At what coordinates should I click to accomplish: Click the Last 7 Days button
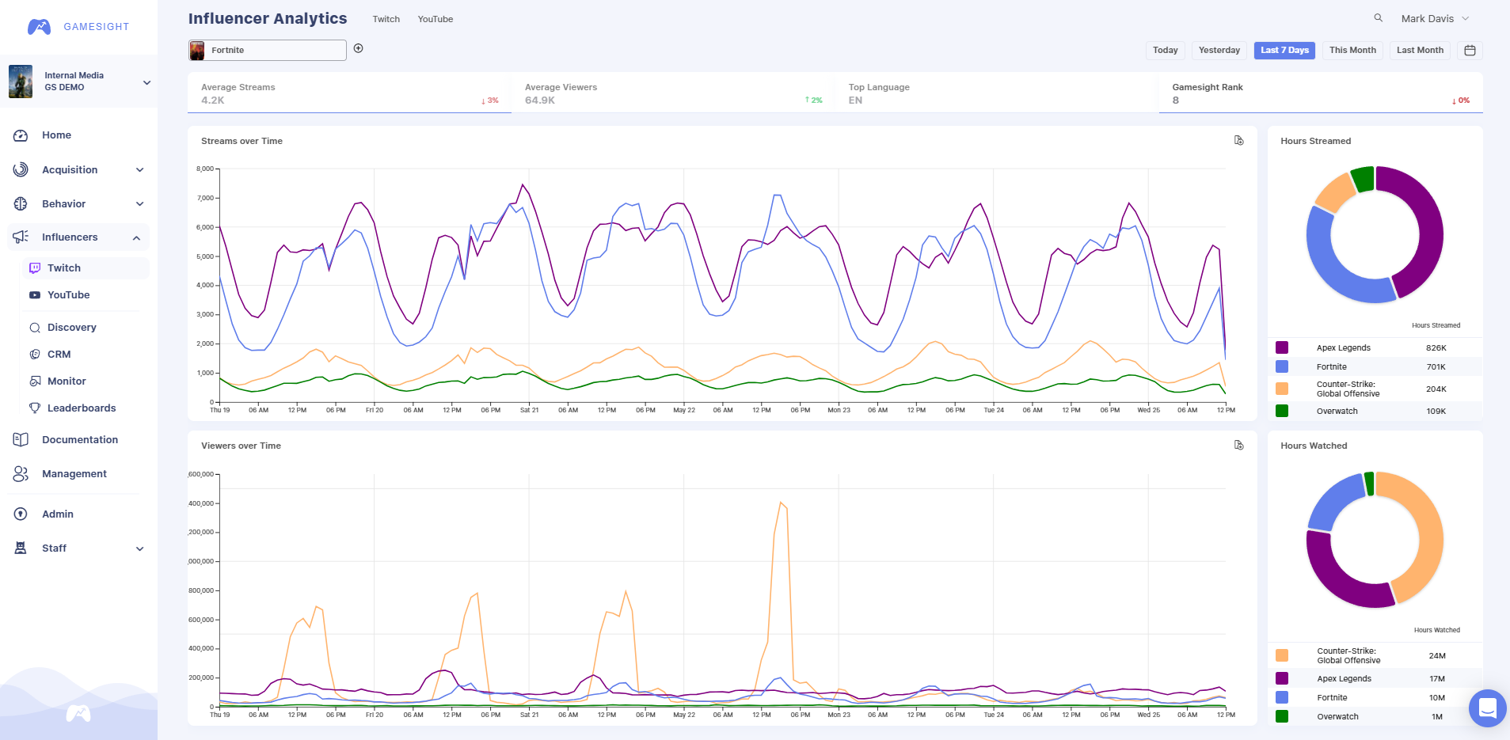[x=1284, y=50]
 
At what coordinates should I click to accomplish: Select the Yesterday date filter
[x=1219, y=50]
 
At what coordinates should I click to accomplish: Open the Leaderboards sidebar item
[x=81, y=408]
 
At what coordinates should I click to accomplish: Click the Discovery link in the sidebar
[x=71, y=328]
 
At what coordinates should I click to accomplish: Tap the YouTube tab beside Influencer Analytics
[x=435, y=19]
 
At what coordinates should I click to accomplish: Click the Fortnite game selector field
[x=268, y=51]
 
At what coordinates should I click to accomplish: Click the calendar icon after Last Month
[x=1470, y=51]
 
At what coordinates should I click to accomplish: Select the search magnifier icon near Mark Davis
[x=1378, y=18]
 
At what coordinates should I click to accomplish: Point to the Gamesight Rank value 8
[x=1176, y=101]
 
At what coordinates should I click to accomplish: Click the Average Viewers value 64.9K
[x=540, y=101]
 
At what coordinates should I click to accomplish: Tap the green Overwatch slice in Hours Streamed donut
[x=1362, y=179]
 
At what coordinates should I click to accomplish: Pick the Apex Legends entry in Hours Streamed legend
[x=1343, y=348]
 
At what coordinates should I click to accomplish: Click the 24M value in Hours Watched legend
[x=1436, y=656]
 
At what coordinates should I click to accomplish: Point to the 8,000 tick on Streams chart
[x=205, y=169]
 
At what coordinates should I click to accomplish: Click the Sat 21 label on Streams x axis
[x=529, y=410]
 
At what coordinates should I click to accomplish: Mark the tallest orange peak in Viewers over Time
[x=781, y=503]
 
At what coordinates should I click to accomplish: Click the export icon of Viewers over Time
[x=1239, y=446]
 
